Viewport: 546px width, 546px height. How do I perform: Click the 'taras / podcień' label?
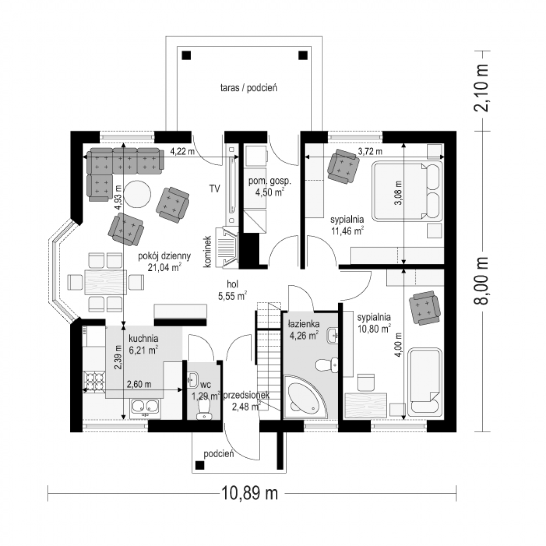coord(248,88)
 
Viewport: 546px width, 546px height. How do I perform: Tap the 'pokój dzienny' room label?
coord(164,256)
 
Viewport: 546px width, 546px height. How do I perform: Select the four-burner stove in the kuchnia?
coord(94,381)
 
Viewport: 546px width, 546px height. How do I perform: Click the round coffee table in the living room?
coord(137,194)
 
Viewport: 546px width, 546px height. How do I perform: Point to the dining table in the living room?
coord(106,282)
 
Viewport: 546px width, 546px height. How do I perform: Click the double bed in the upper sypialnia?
coord(407,191)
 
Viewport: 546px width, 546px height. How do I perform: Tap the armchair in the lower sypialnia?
coord(425,308)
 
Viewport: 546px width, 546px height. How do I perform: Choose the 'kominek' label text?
coord(207,252)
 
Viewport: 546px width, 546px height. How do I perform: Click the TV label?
coord(214,188)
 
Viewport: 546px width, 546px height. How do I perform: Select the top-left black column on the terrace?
coord(187,55)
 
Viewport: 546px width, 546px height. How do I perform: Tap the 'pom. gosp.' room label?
coord(270,181)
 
